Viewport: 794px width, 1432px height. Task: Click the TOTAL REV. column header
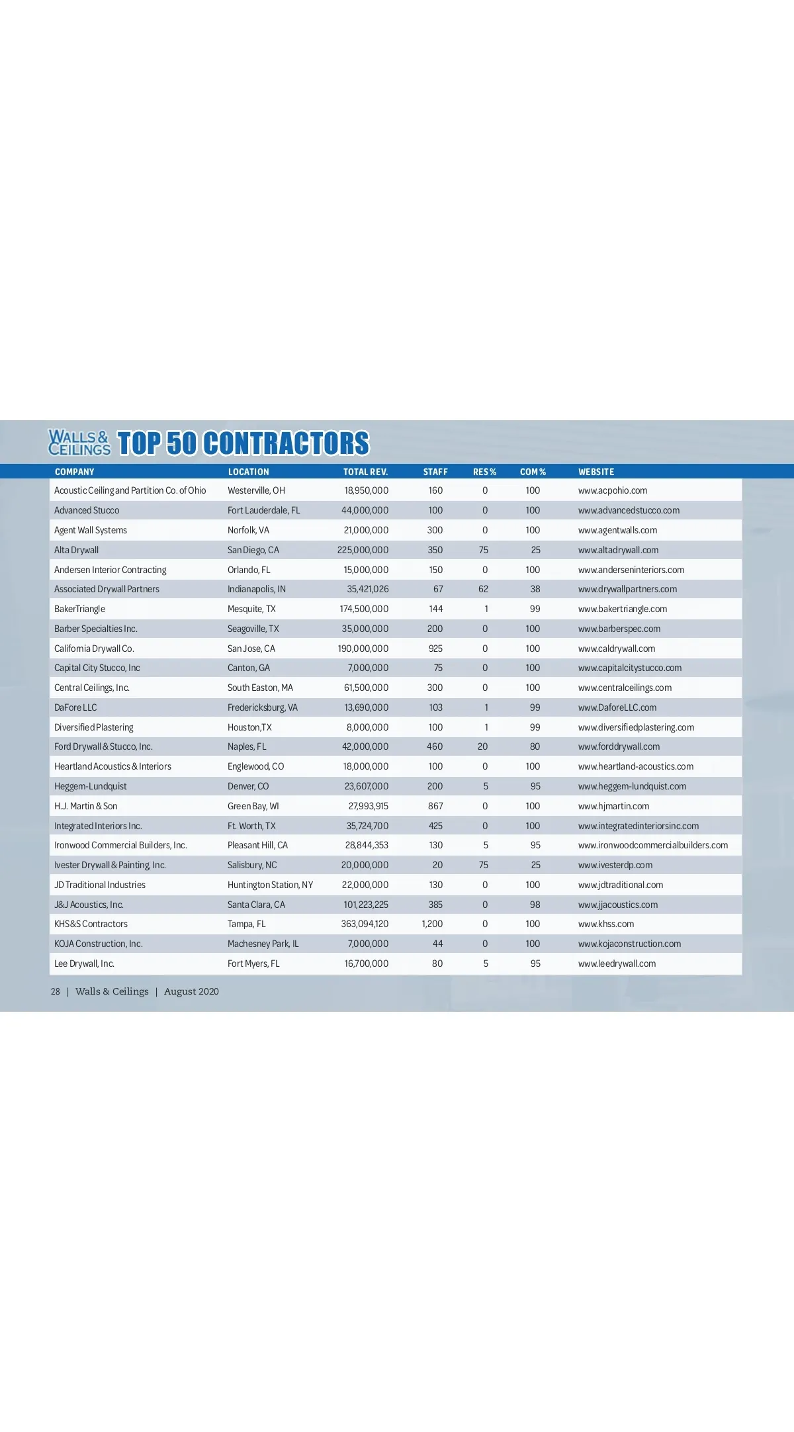(x=365, y=472)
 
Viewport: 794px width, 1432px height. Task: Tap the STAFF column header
(x=435, y=472)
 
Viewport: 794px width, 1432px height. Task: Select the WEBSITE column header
(x=596, y=472)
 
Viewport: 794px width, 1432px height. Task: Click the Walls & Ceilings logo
(x=79, y=443)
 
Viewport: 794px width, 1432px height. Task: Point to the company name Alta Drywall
(x=77, y=550)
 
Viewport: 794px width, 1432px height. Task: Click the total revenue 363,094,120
(x=365, y=924)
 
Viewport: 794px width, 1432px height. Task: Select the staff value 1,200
(x=432, y=924)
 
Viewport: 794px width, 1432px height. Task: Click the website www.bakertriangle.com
(x=622, y=609)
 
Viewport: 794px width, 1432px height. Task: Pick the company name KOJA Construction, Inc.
(x=99, y=944)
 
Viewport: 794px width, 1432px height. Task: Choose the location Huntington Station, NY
(x=270, y=885)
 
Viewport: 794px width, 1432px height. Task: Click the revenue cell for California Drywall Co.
(x=363, y=649)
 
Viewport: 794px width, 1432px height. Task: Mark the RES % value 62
(x=484, y=589)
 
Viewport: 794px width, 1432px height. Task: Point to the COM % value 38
(x=535, y=589)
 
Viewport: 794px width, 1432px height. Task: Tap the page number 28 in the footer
(x=56, y=991)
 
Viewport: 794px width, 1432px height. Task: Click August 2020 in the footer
(x=191, y=991)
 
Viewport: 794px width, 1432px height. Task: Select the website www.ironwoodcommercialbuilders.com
(x=652, y=845)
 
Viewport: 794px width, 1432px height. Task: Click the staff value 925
(x=435, y=649)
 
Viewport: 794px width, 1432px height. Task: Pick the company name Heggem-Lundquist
(x=91, y=786)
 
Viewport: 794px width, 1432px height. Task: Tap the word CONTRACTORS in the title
(x=286, y=443)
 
